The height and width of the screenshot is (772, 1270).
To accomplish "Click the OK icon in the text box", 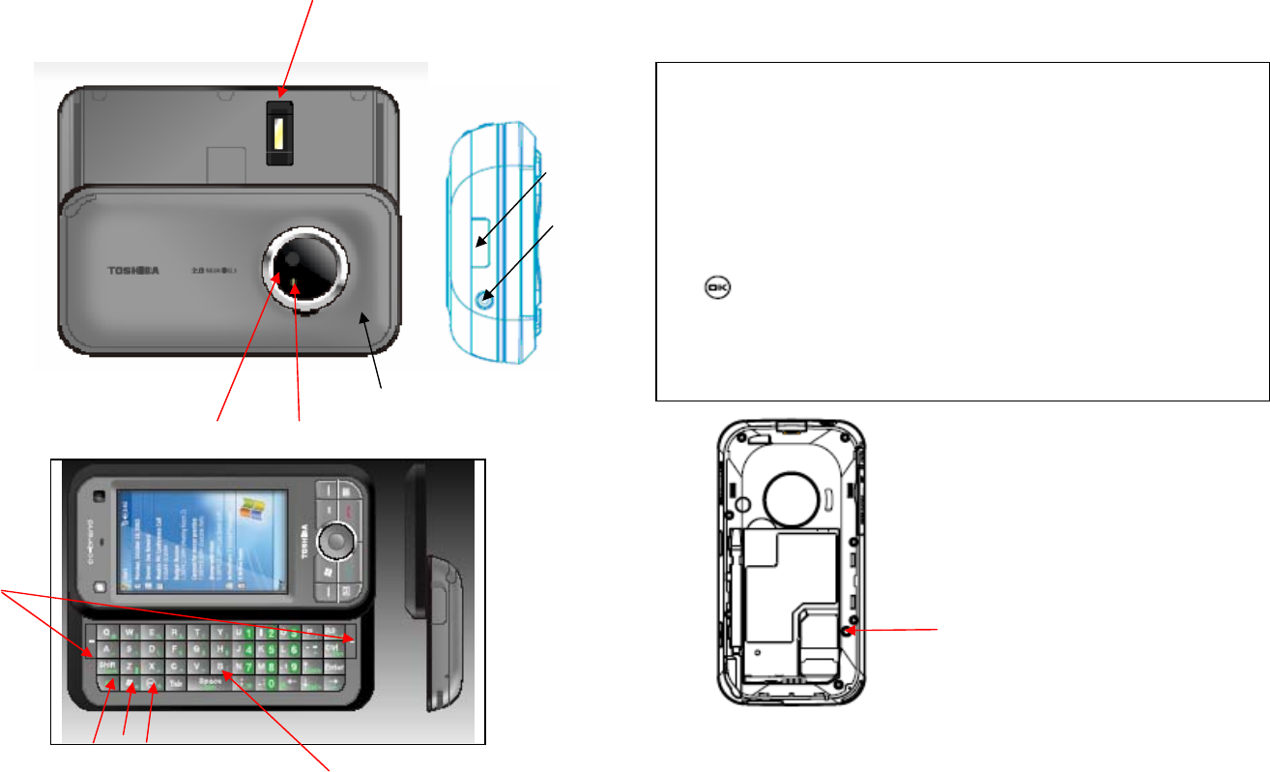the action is [x=718, y=287].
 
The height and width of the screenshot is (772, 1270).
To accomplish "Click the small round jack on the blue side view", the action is [x=482, y=301].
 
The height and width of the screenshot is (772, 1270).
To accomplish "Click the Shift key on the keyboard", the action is [x=103, y=666].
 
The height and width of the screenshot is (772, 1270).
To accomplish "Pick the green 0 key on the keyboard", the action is [x=271, y=683].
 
